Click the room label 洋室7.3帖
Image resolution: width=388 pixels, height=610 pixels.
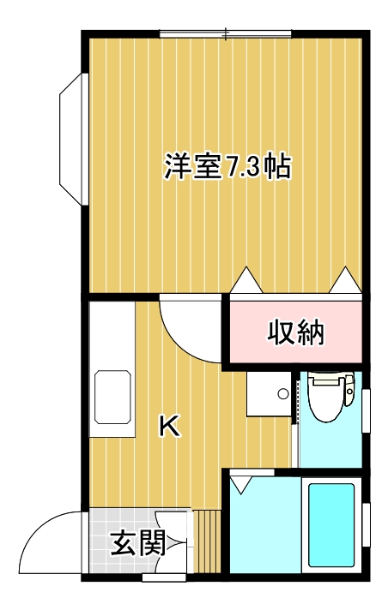click(227, 166)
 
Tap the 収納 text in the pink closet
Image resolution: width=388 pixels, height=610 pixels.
click(295, 332)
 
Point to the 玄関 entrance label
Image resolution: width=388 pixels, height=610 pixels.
click(137, 543)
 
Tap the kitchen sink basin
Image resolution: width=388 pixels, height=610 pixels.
click(112, 398)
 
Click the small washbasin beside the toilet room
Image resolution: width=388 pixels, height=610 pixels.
click(269, 394)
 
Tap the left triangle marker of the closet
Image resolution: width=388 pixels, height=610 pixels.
click(246, 279)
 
